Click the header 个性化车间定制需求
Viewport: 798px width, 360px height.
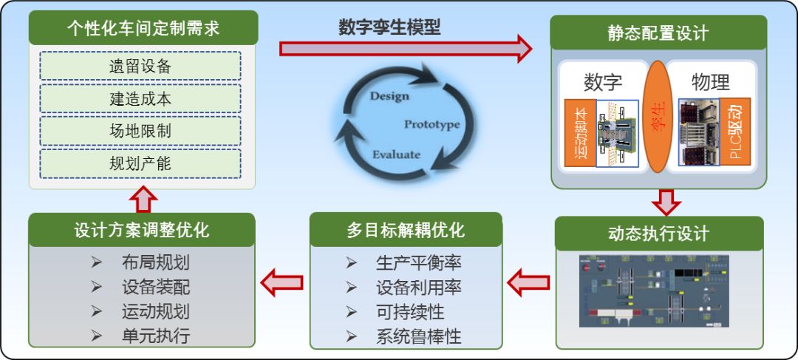click(143, 29)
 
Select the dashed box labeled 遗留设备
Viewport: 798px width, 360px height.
click(140, 66)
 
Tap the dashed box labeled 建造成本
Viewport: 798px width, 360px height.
click(140, 98)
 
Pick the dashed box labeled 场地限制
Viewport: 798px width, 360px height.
click(140, 131)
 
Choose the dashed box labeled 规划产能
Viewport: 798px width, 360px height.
click(140, 163)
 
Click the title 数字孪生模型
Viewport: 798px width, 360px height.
click(389, 28)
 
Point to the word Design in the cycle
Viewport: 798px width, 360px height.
click(389, 96)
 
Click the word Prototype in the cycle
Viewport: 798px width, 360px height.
click(432, 124)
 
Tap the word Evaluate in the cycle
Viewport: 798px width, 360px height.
click(396, 154)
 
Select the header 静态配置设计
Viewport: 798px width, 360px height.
click(658, 33)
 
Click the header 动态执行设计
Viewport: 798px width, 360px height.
click(658, 234)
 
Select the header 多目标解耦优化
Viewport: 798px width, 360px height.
click(406, 230)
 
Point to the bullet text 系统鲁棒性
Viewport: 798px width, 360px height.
click(418, 336)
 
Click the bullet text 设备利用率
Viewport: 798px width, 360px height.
click(418, 288)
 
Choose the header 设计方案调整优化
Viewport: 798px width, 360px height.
click(142, 230)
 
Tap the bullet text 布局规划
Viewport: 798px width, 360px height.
click(156, 263)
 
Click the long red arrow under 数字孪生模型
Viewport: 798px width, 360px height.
click(405, 49)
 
